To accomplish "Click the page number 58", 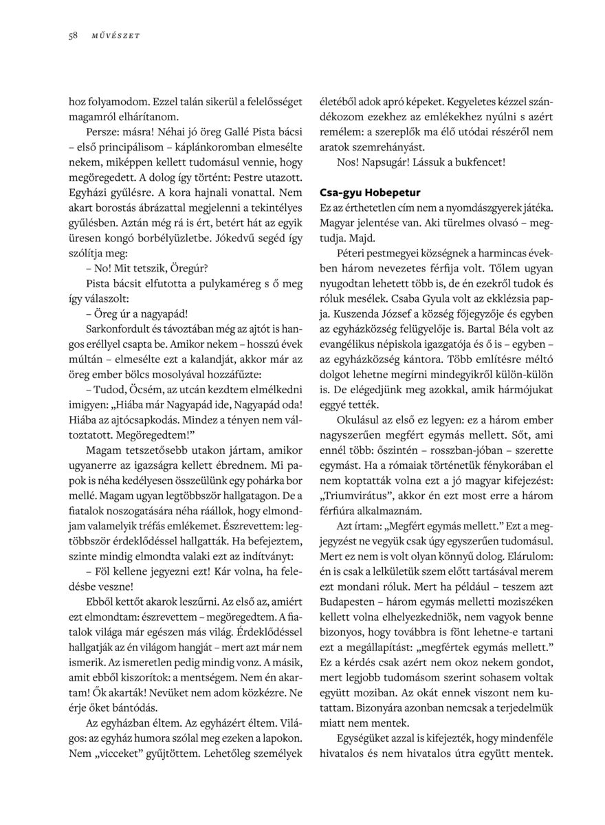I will [73, 36].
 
